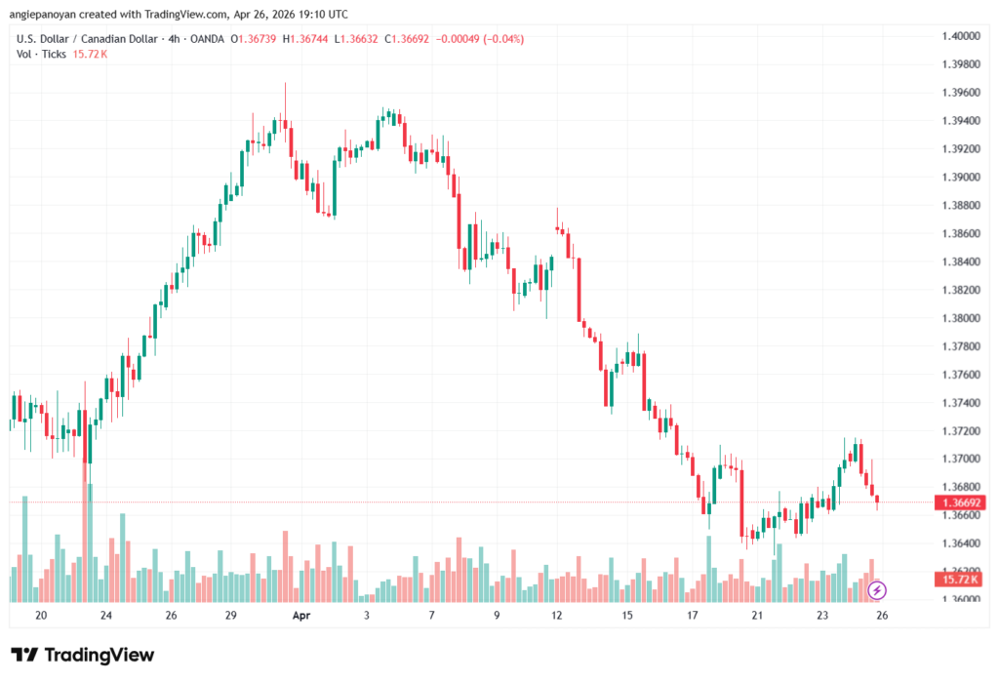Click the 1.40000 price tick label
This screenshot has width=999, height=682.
(960, 36)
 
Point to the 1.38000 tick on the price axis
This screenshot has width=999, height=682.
(960, 318)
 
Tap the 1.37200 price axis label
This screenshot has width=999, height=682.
(960, 430)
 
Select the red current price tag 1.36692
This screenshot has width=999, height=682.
(960, 502)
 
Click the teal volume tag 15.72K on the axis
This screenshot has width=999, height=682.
(960, 580)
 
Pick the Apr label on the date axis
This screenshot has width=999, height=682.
(301, 616)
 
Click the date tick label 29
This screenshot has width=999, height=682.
(231, 616)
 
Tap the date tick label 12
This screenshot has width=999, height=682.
(557, 616)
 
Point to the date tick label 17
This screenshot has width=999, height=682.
(693, 616)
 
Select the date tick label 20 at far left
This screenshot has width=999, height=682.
(41, 616)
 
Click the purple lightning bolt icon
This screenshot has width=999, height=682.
(877, 589)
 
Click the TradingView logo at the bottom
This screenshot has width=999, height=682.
(82, 655)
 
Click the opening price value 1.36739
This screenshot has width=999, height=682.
(257, 39)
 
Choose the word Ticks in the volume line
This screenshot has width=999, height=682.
(54, 54)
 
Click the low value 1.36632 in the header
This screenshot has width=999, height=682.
(361, 39)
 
